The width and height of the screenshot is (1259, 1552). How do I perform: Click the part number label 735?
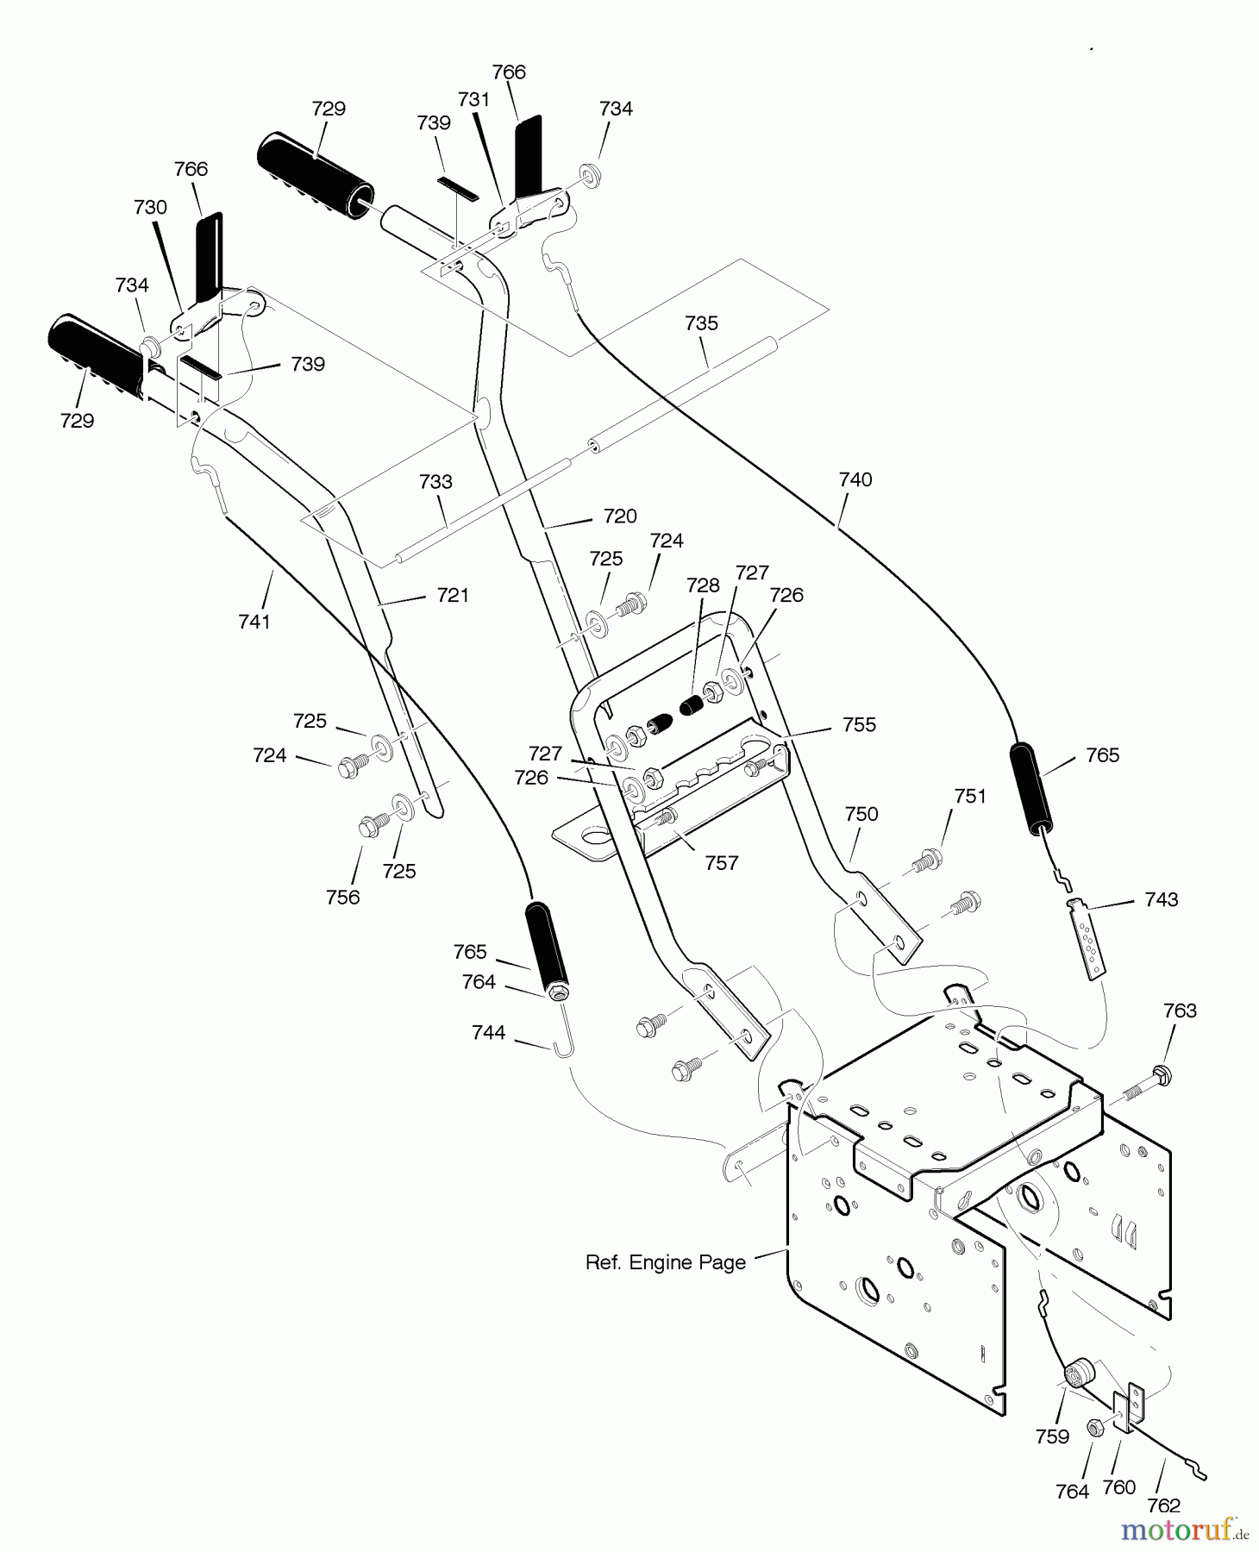tap(701, 323)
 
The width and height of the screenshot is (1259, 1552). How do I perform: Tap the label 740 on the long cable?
tap(855, 480)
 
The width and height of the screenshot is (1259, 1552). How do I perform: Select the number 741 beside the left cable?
tap(254, 622)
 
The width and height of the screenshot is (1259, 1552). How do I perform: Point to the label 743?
tap(1161, 900)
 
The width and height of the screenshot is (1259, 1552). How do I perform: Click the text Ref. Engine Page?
tap(665, 1263)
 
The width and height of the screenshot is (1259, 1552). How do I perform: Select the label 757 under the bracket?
tap(721, 863)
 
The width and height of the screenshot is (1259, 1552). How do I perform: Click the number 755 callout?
tap(859, 725)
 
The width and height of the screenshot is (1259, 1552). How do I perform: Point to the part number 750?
tap(861, 814)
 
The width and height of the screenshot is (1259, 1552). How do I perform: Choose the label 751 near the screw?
tap(970, 797)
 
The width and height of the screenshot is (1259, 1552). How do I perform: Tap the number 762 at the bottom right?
tap(1163, 1505)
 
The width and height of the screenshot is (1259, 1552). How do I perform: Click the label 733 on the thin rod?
tap(435, 482)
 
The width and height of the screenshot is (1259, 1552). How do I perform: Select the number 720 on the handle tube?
tap(620, 516)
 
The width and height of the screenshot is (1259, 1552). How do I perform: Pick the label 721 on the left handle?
tap(453, 595)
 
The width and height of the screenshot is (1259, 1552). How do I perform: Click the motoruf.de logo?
tap(1183, 1530)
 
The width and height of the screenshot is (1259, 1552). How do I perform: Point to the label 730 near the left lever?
tap(150, 208)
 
